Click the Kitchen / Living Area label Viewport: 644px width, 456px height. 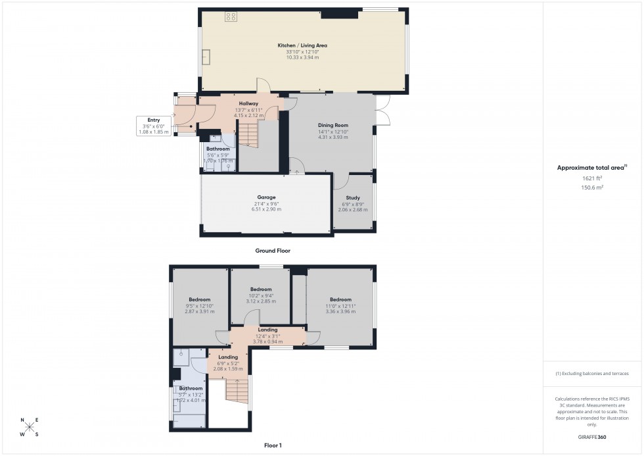tap(302, 45)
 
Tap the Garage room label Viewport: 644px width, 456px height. tap(265, 197)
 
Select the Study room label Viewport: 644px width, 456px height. tap(354, 197)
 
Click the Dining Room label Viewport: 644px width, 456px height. tap(333, 125)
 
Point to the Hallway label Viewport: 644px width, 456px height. tap(248, 104)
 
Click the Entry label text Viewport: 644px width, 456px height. tap(153, 120)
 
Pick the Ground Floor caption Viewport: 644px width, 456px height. tap(273, 251)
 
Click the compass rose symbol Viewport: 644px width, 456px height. tap(30, 428)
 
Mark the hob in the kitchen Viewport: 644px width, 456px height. tap(231, 17)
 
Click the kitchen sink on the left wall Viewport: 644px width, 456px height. tap(206, 57)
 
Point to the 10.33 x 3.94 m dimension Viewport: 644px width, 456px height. tap(302, 58)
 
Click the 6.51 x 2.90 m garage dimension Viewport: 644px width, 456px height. tap(265, 209)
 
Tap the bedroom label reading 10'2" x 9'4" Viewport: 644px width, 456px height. tap(260, 295)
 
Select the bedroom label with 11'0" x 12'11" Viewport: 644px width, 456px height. tap(340, 306)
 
